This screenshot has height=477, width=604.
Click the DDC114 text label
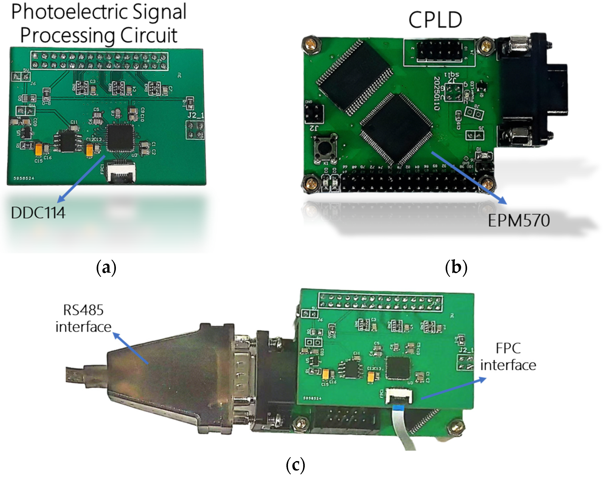(x=38, y=213)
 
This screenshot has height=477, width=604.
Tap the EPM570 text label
(x=519, y=221)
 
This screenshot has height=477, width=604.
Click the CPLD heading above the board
(x=435, y=20)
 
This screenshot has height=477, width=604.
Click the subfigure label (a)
(x=106, y=268)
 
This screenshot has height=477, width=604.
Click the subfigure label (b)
(x=456, y=267)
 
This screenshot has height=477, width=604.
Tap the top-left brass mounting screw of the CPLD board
(x=311, y=44)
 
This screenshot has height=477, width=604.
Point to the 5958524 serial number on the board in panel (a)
(x=24, y=178)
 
